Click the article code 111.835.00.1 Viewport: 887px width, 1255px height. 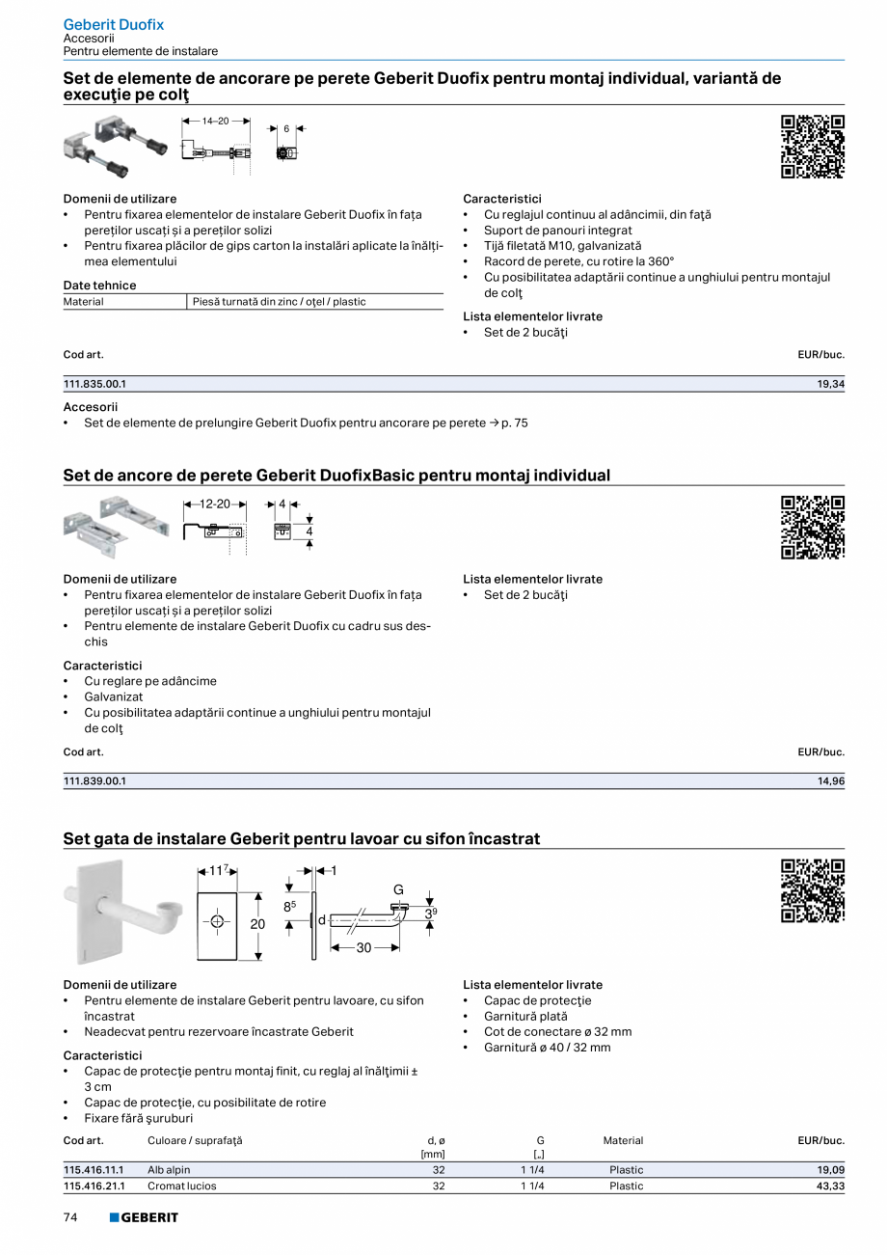(x=94, y=384)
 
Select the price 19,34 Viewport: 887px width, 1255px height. (x=830, y=384)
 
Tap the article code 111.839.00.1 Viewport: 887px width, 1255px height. (x=94, y=781)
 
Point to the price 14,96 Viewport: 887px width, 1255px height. (x=830, y=781)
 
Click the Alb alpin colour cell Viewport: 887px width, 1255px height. (x=169, y=1170)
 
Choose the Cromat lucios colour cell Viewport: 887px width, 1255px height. (x=181, y=1186)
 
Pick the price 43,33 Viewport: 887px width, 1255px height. (x=830, y=1186)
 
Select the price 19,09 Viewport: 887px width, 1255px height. (x=830, y=1170)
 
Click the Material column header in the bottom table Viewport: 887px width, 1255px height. (x=623, y=1140)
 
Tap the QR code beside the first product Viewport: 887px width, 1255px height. (x=812, y=147)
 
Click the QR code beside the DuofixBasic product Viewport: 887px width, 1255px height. (x=812, y=527)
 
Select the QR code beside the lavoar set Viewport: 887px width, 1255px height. (x=812, y=890)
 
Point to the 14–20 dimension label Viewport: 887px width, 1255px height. (x=215, y=122)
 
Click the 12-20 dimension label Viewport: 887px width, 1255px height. (x=215, y=505)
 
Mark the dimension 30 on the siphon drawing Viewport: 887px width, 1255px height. (x=363, y=948)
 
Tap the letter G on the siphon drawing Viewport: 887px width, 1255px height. (x=397, y=889)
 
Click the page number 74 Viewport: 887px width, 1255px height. (x=70, y=1217)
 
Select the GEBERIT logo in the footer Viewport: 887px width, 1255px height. (x=144, y=1217)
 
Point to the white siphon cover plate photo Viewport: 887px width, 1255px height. (x=92, y=912)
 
